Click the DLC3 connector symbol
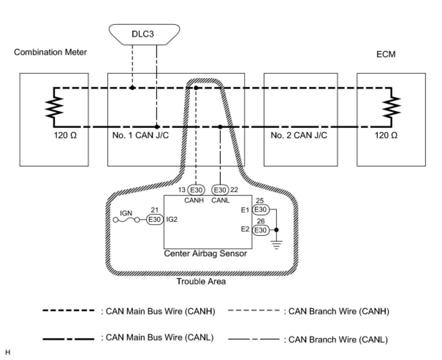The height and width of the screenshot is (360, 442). pyautogui.click(x=145, y=34)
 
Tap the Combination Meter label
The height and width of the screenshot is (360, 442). pyautogui.click(x=50, y=52)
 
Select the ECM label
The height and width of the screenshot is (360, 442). pyautogui.click(x=386, y=54)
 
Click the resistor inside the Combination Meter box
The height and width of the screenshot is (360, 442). pyautogui.click(x=54, y=107)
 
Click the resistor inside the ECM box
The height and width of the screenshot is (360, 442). pyautogui.click(x=391, y=107)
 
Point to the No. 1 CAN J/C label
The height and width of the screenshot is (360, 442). pyautogui.click(x=141, y=135)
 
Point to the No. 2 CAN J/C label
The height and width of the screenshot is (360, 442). pyautogui.click(x=299, y=135)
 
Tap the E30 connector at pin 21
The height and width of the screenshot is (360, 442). pyautogui.click(x=155, y=220)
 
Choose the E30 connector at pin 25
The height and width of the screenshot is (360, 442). pyautogui.click(x=261, y=210)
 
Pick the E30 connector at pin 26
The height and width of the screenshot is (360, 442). pyautogui.click(x=261, y=230)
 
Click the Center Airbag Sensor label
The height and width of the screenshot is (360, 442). pyautogui.click(x=205, y=253)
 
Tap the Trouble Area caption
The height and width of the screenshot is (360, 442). pyautogui.click(x=201, y=282)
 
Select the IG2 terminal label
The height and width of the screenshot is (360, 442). pyautogui.click(x=172, y=220)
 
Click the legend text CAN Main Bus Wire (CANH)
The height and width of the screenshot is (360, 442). pyautogui.click(x=158, y=311)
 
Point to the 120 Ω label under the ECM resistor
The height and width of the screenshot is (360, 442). pyautogui.click(x=386, y=135)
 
